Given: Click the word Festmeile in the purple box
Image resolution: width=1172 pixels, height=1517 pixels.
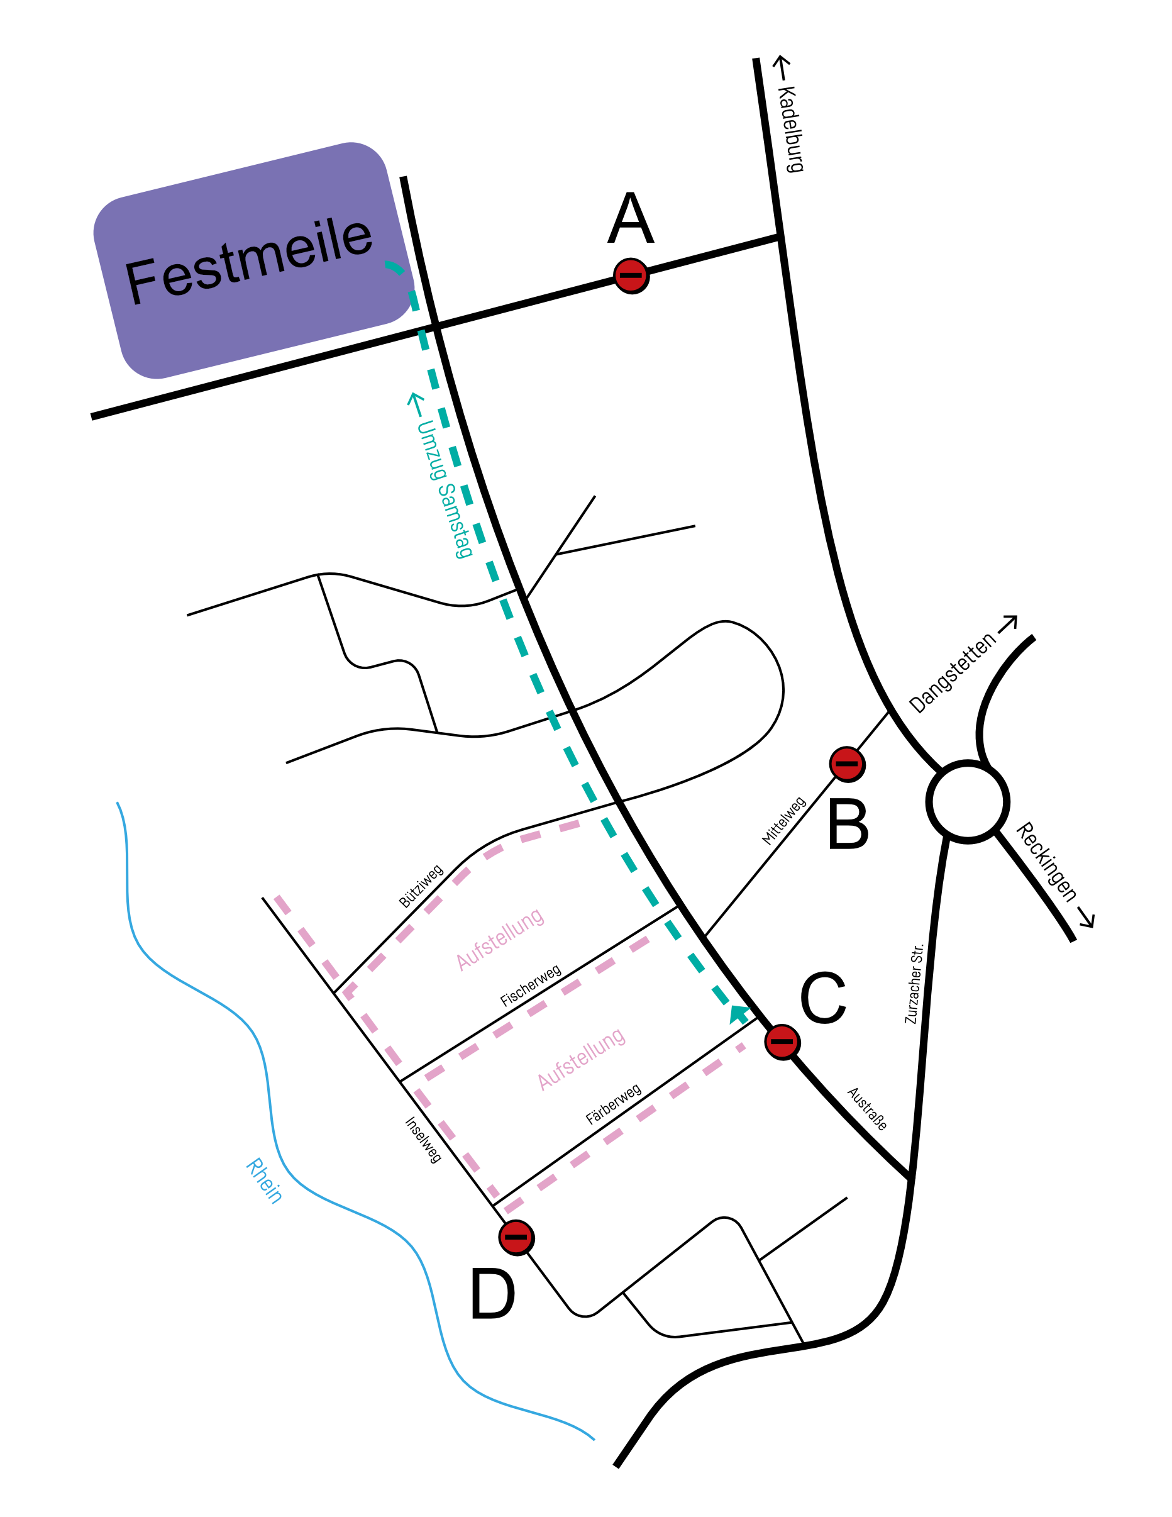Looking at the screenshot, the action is click(x=248, y=260).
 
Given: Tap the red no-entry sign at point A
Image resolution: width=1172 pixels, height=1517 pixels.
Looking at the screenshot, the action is click(x=631, y=275).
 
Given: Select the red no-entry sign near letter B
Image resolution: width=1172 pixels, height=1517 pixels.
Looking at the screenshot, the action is click(x=847, y=764).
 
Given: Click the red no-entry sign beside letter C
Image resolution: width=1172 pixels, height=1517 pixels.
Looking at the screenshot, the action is click(x=783, y=1042).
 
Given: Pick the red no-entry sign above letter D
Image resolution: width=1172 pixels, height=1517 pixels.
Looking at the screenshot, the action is click(x=517, y=1237).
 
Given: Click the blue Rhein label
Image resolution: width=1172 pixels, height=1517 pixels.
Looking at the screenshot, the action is click(x=265, y=1181).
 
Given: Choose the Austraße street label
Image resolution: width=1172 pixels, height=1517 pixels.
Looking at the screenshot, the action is click(x=867, y=1109).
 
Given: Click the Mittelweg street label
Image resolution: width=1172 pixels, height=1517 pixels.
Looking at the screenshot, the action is click(x=784, y=821).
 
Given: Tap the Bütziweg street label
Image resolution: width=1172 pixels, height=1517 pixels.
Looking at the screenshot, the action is click(x=421, y=886).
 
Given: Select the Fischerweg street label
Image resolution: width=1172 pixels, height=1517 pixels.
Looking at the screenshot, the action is click(x=531, y=986).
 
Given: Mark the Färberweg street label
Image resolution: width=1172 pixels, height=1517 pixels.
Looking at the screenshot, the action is click(x=614, y=1104).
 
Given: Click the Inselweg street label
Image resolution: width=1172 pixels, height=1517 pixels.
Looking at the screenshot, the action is click(x=423, y=1140).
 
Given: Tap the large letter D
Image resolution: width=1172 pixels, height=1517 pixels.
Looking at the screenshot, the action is click(x=493, y=1293).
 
